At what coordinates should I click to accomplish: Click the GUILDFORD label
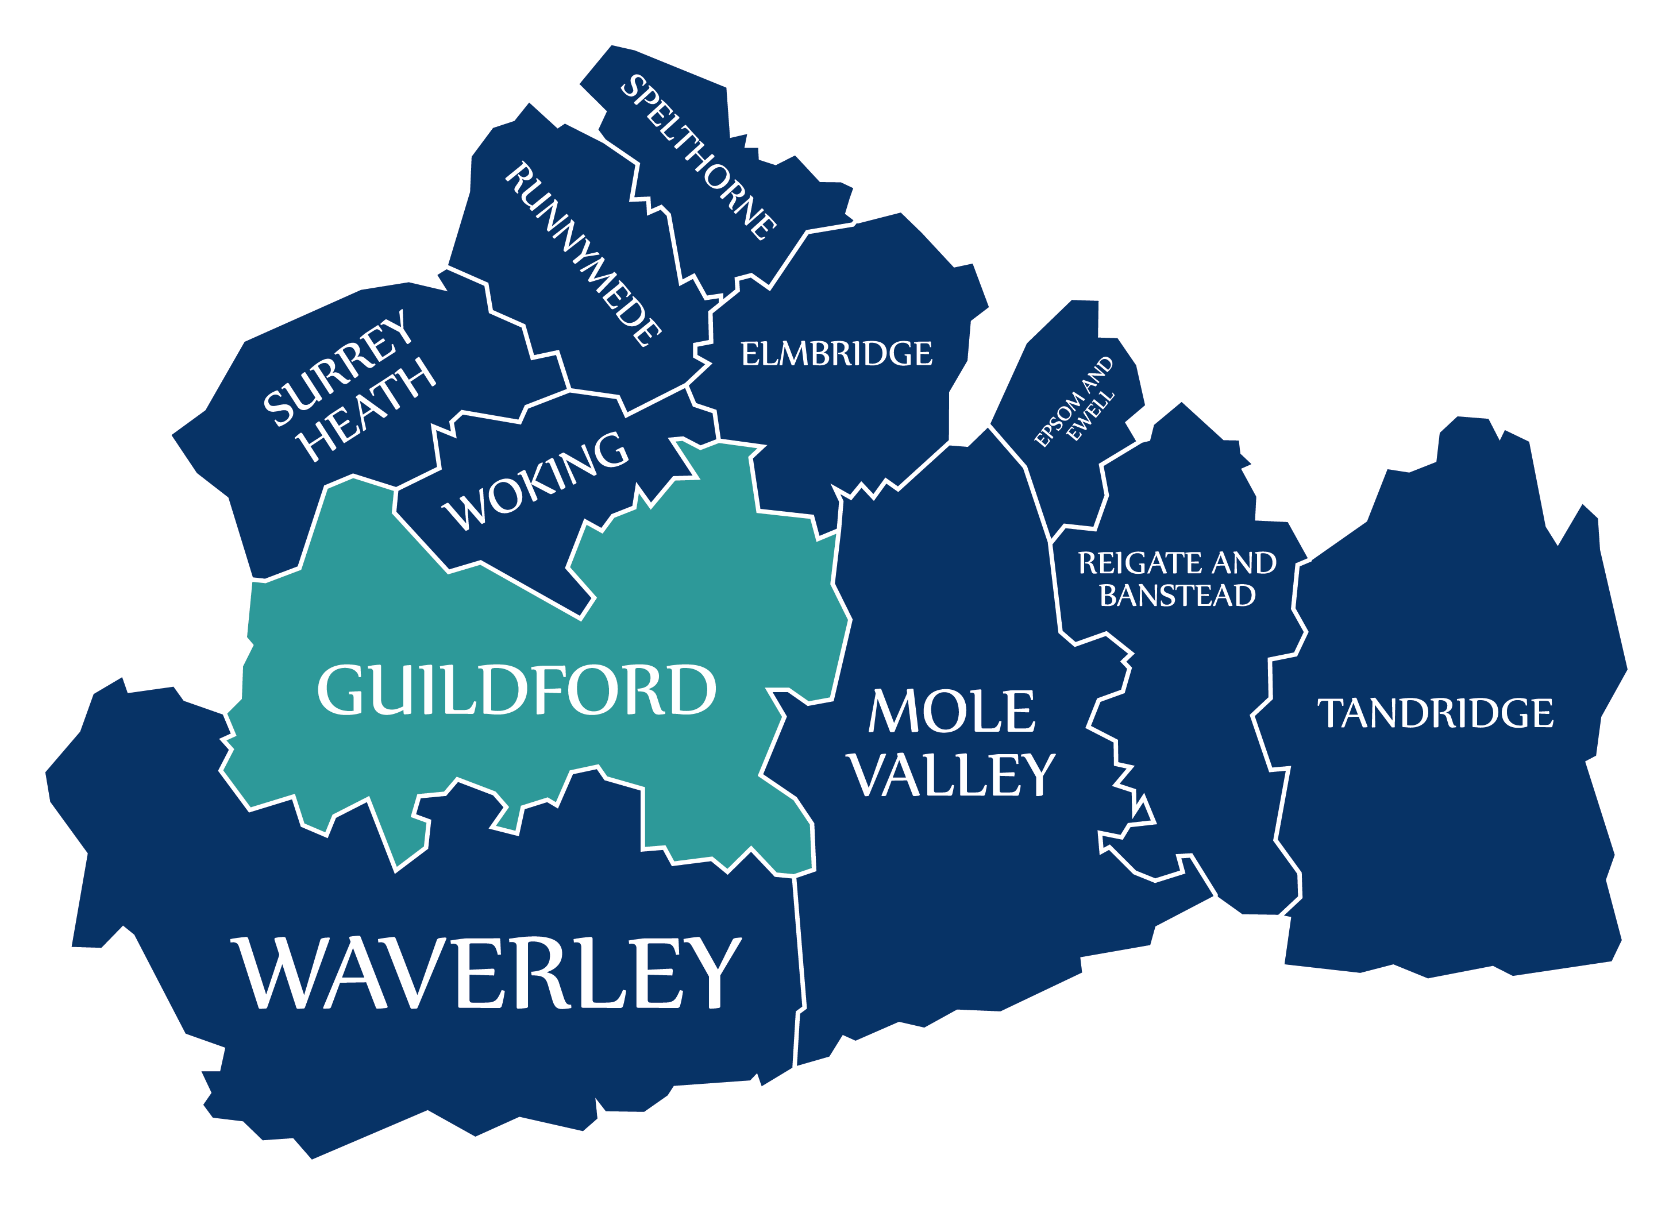coord(516,690)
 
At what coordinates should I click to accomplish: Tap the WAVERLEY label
coord(487,974)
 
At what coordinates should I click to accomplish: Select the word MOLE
coord(951,712)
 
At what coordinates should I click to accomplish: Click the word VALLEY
coord(951,776)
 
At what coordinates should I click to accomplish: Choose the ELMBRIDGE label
coord(836,354)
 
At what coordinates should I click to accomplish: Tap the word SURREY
coord(338,367)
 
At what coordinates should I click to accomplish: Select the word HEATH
coord(367,410)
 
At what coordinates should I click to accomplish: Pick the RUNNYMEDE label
coord(583,254)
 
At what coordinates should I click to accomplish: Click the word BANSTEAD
coord(1177,596)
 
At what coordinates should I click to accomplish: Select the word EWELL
coord(1091,416)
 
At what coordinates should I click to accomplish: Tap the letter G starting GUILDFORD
coord(341,690)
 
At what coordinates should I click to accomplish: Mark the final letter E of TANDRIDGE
coord(1543,714)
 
